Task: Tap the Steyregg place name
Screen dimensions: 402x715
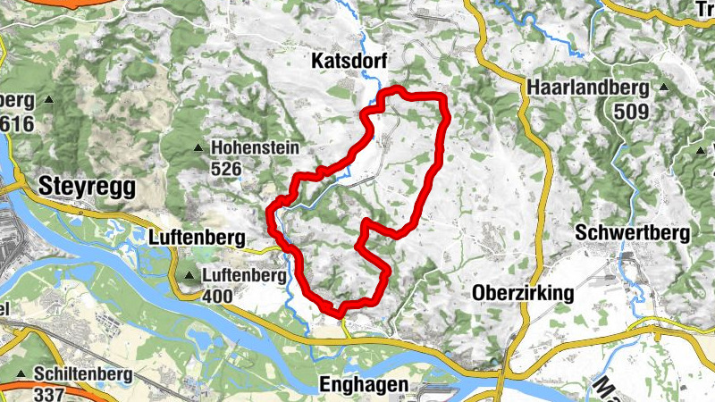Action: pyautogui.click(x=87, y=186)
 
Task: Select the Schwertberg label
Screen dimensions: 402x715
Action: pyautogui.click(x=633, y=233)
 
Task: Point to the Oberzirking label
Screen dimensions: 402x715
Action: pyautogui.click(x=522, y=293)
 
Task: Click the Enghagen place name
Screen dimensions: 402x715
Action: pyautogui.click(x=364, y=384)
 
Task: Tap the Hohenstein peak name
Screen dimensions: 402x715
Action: pyautogui.click(x=254, y=148)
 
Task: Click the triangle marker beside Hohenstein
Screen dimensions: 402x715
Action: pyautogui.click(x=198, y=148)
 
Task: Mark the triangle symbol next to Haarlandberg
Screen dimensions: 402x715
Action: pyautogui.click(x=664, y=88)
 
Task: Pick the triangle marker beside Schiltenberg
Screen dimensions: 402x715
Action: pyautogui.click(x=20, y=373)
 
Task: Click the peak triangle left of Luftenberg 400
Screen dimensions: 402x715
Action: pyautogui.click(x=189, y=275)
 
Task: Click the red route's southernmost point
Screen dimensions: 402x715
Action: pyautogui.click(x=340, y=312)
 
